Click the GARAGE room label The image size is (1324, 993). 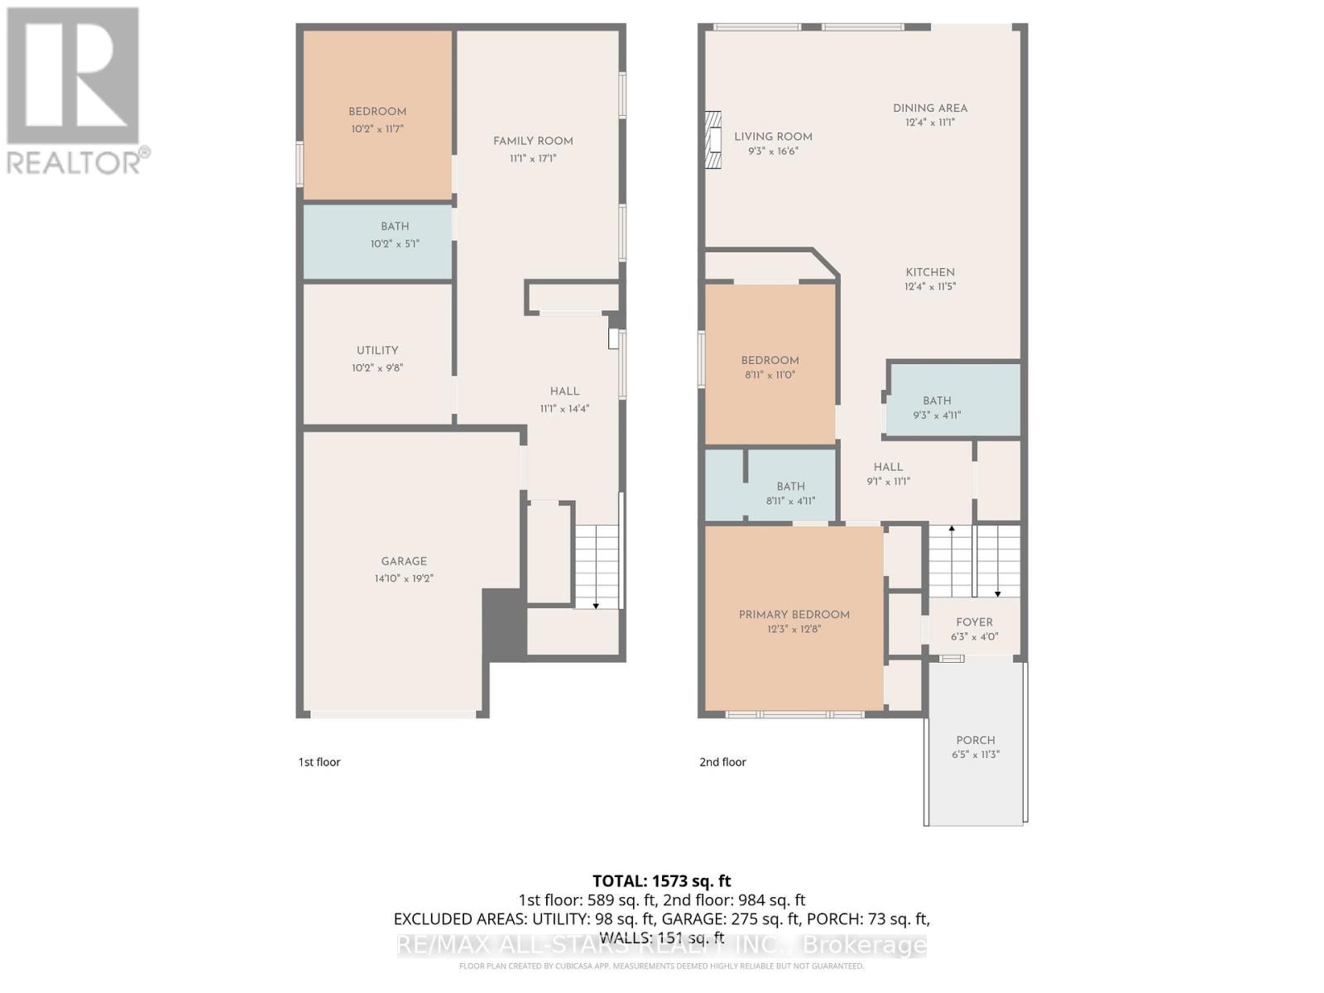pos(404,561)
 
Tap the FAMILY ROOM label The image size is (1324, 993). pos(533,141)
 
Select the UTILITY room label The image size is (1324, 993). pos(377,350)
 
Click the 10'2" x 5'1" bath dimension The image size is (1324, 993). pos(395,244)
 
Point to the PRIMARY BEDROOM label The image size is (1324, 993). pos(794,615)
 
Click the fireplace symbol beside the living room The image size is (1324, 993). pos(713,140)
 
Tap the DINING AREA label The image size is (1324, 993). pos(929,108)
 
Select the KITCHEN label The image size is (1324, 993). pos(930,272)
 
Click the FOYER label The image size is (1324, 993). pos(974,622)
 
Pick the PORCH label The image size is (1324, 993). pos(975,741)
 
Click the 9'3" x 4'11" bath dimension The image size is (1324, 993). pos(937,415)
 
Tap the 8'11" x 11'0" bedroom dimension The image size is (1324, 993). pos(770,375)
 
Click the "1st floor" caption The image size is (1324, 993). pos(319,762)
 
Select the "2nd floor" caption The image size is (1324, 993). pos(722,762)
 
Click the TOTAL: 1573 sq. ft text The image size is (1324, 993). pos(661,881)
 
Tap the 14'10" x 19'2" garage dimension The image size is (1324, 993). pos(404,578)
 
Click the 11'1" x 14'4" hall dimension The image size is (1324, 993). pos(564,409)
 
